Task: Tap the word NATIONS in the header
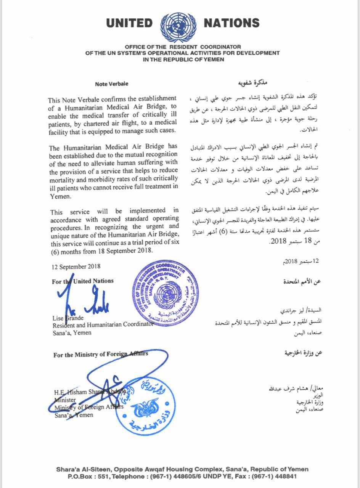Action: click(x=231, y=24)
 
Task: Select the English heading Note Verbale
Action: click(x=112, y=84)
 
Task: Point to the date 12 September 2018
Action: click(x=75, y=266)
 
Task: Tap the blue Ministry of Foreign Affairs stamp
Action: click(x=145, y=405)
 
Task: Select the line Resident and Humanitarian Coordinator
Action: click(x=103, y=324)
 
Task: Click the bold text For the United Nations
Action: click(x=83, y=281)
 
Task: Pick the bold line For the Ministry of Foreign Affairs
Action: click(x=101, y=355)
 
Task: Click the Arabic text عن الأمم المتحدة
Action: click(x=302, y=282)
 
